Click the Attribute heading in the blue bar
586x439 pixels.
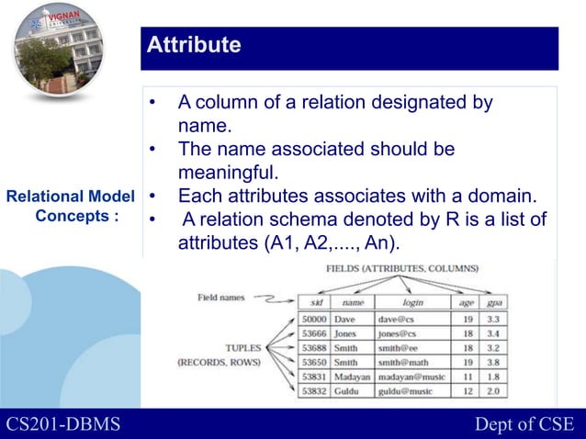[195, 45]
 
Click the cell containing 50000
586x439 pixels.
[314, 319]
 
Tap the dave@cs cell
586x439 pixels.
[398, 319]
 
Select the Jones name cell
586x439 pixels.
[345, 333]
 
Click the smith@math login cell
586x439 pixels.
[406, 363]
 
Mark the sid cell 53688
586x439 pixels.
[314, 348]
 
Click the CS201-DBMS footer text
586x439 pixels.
[67, 423]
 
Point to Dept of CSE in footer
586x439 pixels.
[524, 423]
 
